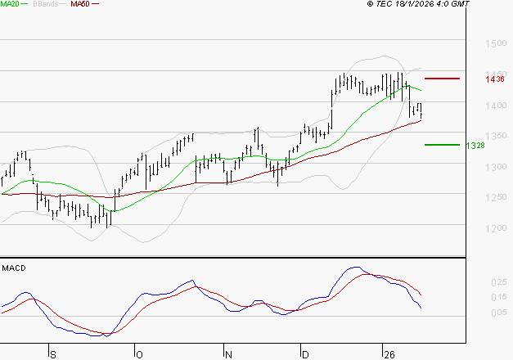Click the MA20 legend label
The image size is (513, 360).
10,5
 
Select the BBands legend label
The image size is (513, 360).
46,5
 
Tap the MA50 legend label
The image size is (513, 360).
80,5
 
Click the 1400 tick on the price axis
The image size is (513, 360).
496,106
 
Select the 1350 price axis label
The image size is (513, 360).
496,136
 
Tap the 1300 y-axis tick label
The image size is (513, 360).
496,167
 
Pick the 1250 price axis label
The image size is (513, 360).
496,197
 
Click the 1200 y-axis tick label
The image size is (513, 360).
496,228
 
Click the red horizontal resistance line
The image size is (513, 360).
442,79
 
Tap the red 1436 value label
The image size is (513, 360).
494,79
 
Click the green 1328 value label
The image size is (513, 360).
475,145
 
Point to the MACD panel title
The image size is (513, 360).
13,268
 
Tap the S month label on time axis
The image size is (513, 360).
52,354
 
